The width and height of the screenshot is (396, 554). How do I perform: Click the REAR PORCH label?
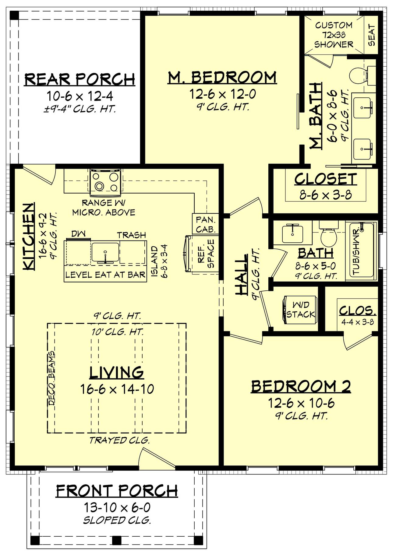[80, 79]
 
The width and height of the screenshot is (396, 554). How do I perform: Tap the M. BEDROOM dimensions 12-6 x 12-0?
[223, 94]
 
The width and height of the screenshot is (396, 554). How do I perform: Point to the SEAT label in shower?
[372, 35]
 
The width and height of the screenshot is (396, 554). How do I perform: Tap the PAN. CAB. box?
[206, 224]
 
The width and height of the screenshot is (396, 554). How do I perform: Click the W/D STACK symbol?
[300, 309]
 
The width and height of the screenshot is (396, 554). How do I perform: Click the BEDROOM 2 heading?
[301, 386]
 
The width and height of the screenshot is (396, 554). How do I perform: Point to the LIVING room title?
[117, 372]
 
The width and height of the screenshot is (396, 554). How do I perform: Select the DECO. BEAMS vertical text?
[51, 378]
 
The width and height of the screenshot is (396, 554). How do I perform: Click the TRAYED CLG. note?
[119, 440]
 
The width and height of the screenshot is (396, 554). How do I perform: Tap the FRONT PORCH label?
[117, 490]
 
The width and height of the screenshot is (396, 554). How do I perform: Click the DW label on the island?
[78, 234]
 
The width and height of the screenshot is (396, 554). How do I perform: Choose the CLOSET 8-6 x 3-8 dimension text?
[326, 195]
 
